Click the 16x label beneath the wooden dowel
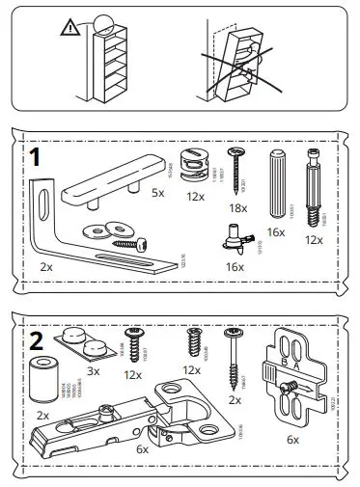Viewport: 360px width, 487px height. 275,233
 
